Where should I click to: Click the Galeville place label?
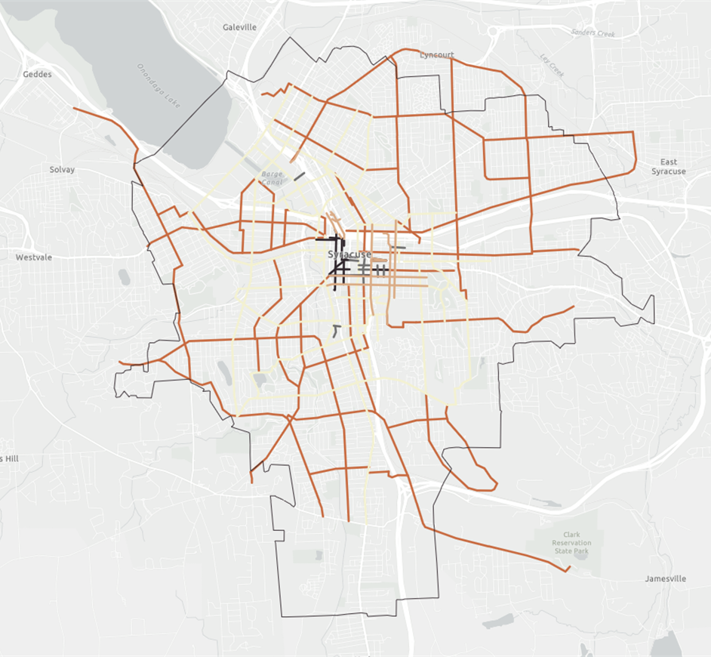[240, 27]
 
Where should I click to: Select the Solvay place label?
[62, 170]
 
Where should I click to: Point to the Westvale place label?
[34, 258]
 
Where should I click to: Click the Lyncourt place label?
[437, 55]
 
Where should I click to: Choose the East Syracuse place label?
[668, 167]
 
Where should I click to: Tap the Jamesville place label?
[666, 579]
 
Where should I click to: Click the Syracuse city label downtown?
[349, 254]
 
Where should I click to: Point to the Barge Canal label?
[271, 177]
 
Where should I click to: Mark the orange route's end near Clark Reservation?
[566, 570]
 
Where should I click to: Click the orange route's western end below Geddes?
[74, 109]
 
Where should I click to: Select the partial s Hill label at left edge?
[8, 459]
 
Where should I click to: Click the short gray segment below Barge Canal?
[300, 177]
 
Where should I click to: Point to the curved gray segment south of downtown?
[336, 331]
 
